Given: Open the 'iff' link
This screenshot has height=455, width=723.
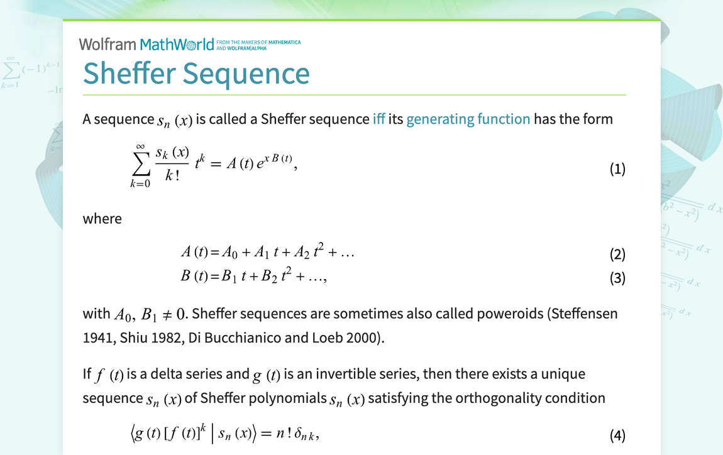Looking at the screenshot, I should (378, 119).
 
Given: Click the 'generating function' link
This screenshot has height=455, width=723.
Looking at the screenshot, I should (468, 119).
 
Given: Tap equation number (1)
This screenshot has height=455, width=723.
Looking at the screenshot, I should (617, 169).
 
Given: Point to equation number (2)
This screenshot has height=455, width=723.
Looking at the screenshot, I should (617, 255).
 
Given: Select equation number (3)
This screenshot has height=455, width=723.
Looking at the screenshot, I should (617, 278).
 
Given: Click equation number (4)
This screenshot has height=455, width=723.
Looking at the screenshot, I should (617, 435).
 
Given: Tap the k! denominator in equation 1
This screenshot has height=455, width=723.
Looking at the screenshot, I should (172, 177).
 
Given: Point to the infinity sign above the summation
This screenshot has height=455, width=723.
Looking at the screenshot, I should (141, 146).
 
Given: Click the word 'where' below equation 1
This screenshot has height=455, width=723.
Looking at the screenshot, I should (102, 219).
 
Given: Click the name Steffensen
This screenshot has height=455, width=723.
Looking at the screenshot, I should (583, 313).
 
